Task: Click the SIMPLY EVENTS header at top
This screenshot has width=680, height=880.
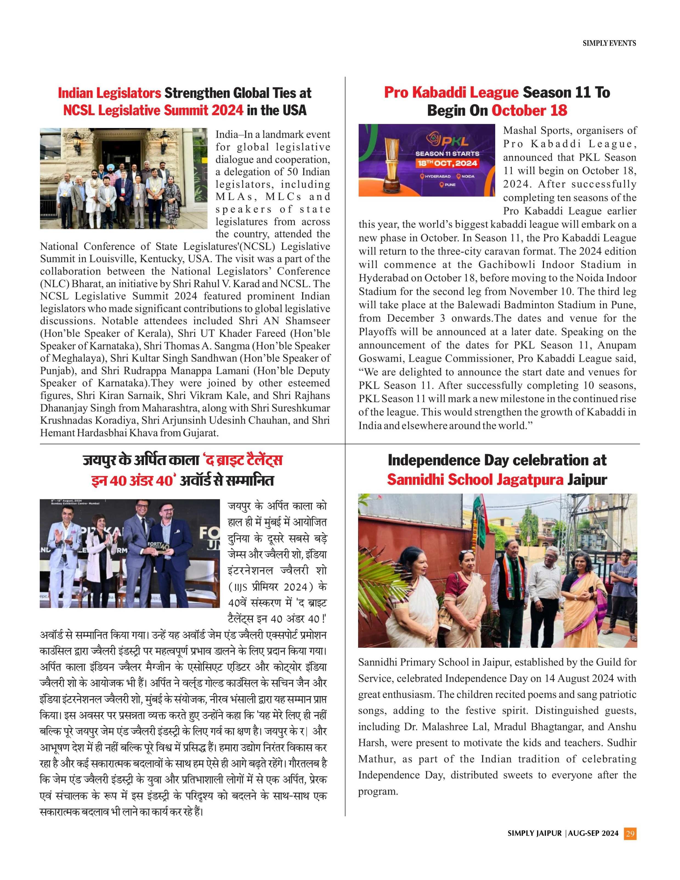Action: [609, 43]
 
